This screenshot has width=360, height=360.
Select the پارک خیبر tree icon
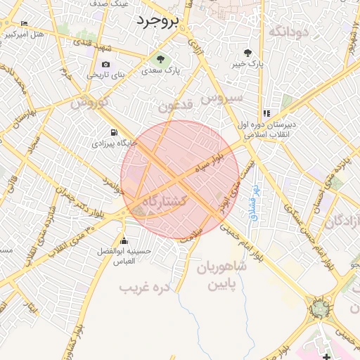tap(247, 53)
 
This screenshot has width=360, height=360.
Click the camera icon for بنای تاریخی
tap(105, 65)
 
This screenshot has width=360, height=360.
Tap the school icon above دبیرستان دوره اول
tap(266, 112)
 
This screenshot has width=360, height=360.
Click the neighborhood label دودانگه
tap(289, 30)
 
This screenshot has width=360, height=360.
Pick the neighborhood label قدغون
tap(174, 106)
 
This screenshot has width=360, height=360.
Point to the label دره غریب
tap(146, 288)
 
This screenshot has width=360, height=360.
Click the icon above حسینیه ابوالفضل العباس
tap(124, 240)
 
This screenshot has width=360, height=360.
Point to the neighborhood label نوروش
tap(89, 103)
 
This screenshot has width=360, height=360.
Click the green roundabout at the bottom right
tap(321, 308)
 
